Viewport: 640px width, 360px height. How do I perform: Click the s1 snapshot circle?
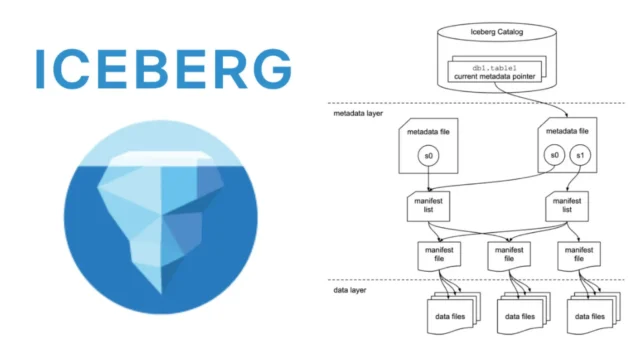click(x=579, y=157)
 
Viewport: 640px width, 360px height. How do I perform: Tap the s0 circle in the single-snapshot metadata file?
click(x=429, y=157)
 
